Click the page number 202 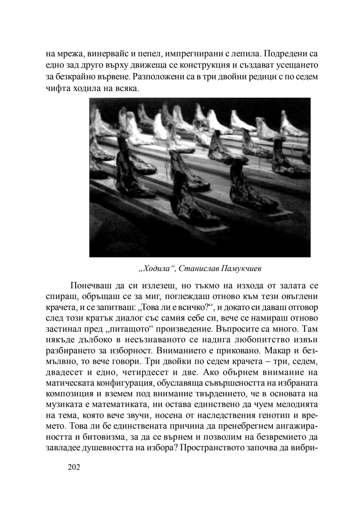pos(74,467)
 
